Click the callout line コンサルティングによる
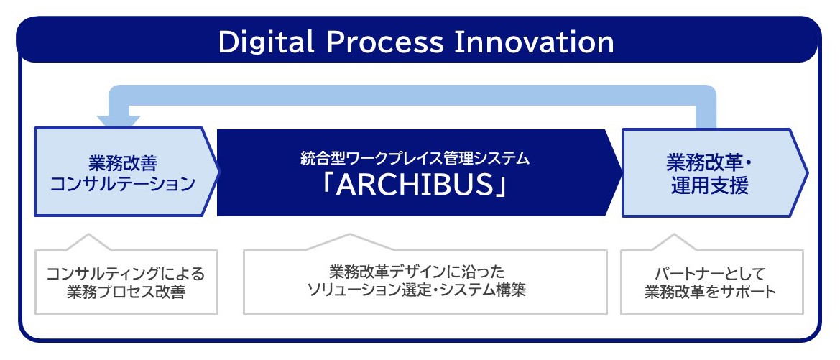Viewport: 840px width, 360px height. point(125,274)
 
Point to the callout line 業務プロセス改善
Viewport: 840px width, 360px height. point(125,292)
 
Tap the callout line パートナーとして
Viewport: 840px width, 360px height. point(711,274)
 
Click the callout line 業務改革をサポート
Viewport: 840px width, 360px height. point(711,292)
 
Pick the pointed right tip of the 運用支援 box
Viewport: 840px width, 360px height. point(808,172)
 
